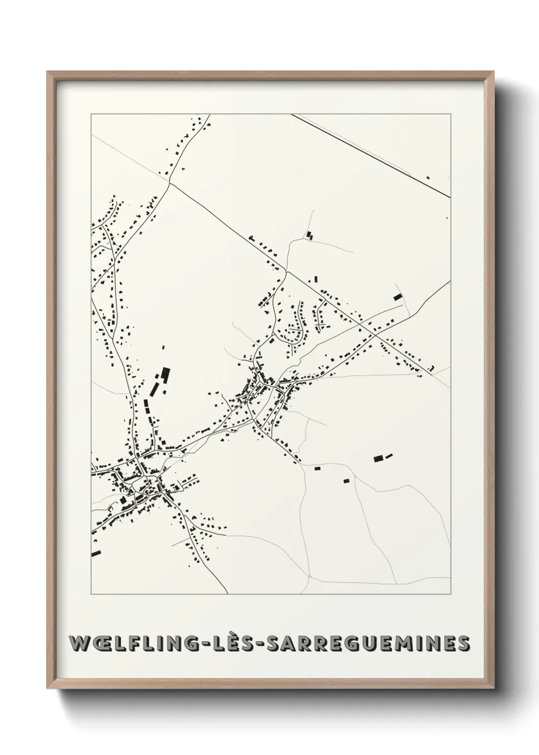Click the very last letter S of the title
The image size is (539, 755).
pyautogui.click(x=464, y=643)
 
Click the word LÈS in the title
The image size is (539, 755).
pyautogui.click(x=239, y=643)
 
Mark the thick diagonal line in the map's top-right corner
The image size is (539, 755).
pyautogui.click(x=387, y=161)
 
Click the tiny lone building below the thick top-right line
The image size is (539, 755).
pyautogui.click(x=428, y=178)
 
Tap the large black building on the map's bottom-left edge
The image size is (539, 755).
pyautogui.click(x=96, y=552)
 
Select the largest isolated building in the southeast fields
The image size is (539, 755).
pyautogui.click(x=379, y=459)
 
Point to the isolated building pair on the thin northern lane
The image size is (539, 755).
pyautogui.click(x=309, y=235)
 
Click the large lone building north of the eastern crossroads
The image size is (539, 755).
pyautogui.click(x=397, y=297)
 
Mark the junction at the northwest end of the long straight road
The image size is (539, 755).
pyautogui.click(x=170, y=183)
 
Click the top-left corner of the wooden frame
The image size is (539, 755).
pyautogui.click(x=48, y=72)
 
